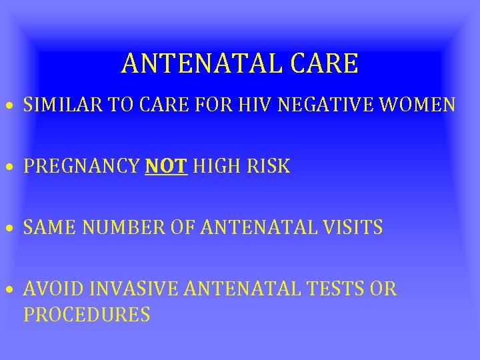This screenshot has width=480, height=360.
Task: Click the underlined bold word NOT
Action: [x=166, y=167]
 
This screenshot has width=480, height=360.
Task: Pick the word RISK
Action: [x=270, y=167]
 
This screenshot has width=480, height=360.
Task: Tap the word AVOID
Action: [x=50, y=289]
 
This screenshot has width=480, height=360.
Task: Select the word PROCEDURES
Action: [x=87, y=314]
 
